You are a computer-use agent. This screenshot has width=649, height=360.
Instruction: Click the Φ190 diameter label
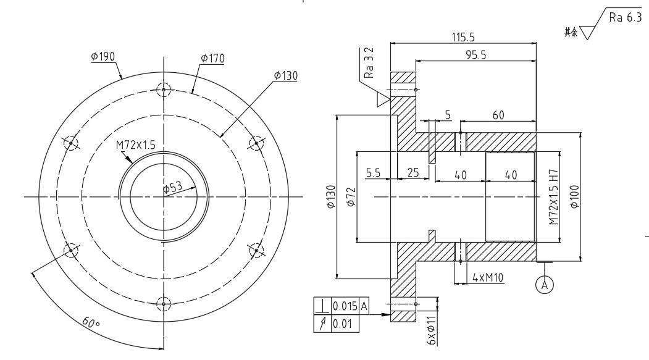103,56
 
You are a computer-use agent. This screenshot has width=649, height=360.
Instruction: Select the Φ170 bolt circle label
212,58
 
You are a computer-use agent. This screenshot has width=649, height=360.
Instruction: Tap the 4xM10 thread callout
488,278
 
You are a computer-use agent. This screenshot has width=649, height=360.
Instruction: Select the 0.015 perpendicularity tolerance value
344,306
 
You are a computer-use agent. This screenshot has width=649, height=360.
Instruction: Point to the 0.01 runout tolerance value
341,321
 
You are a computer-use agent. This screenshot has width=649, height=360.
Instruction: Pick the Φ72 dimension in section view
350,197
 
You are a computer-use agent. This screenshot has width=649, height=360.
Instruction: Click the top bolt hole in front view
164,90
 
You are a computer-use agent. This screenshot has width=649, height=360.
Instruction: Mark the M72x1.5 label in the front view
135,144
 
